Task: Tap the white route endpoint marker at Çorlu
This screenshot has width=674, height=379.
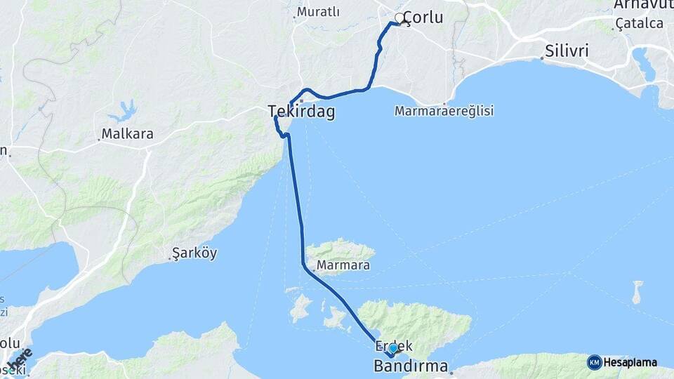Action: pyautogui.click(x=399, y=18)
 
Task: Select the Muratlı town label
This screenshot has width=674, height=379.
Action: pyautogui.click(x=318, y=12)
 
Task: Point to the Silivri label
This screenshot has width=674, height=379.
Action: pyautogui.click(x=567, y=51)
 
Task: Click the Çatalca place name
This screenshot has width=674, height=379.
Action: pyautogui.click(x=639, y=24)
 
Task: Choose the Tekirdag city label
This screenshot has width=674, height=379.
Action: pyautogui.click(x=301, y=112)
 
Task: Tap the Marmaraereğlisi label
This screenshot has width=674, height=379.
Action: pyautogui.click(x=444, y=111)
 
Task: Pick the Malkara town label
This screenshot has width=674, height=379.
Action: pyautogui.click(x=127, y=133)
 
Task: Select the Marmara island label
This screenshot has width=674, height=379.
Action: pyautogui.click(x=343, y=265)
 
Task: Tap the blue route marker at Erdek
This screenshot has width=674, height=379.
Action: pyautogui.click(x=393, y=348)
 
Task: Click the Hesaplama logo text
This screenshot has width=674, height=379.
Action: pyautogui.click(x=630, y=363)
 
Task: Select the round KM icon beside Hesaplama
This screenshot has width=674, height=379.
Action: pyautogui.click(x=594, y=363)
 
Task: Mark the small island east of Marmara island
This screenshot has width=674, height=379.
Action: pyautogui.click(x=637, y=292)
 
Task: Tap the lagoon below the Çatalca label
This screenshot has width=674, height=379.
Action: pyautogui.click(x=644, y=64)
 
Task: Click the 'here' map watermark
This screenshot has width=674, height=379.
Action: pyautogui.click(x=20, y=359)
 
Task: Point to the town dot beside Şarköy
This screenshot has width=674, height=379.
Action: pyautogui.click(x=171, y=259)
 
